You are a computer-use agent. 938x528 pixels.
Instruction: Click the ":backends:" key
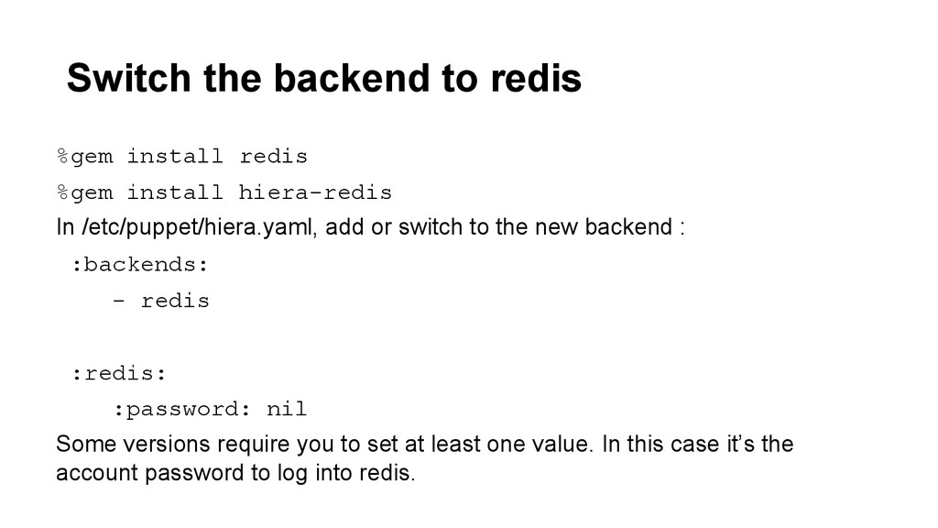tap(140, 265)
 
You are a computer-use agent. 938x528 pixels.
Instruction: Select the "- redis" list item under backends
tap(161, 301)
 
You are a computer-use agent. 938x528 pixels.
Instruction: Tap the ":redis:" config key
tap(119, 373)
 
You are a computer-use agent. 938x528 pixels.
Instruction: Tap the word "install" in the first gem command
tap(174, 157)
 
